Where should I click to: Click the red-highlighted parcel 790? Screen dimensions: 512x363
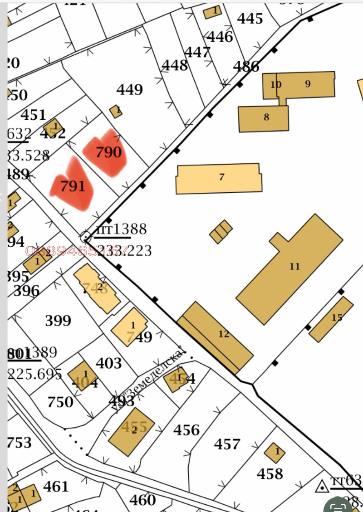(107, 153)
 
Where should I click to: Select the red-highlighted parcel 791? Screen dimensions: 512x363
(73, 186)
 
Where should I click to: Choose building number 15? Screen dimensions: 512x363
(331, 319)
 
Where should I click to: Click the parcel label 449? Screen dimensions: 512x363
(130, 90)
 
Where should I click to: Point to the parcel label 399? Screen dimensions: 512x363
(58, 321)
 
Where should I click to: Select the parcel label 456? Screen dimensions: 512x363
(186, 429)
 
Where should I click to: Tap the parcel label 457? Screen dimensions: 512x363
(227, 444)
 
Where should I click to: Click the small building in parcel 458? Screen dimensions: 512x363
(275, 452)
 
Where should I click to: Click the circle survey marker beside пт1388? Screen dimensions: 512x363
(85, 237)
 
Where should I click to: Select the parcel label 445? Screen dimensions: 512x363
(250, 19)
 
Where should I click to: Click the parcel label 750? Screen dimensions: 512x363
(60, 402)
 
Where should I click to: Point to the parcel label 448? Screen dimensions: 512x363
(175, 66)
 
